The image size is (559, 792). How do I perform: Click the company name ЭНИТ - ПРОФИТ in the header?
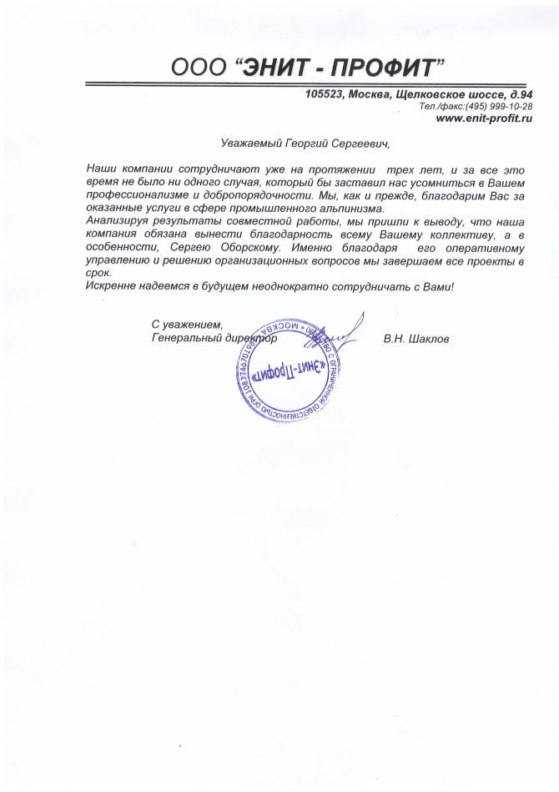[x=341, y=66]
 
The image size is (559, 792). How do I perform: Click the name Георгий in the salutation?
[x=304, y=144]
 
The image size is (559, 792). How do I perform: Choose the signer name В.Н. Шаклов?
[x=416, y=340]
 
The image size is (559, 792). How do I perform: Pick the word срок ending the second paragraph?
[x=98, y=273]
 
